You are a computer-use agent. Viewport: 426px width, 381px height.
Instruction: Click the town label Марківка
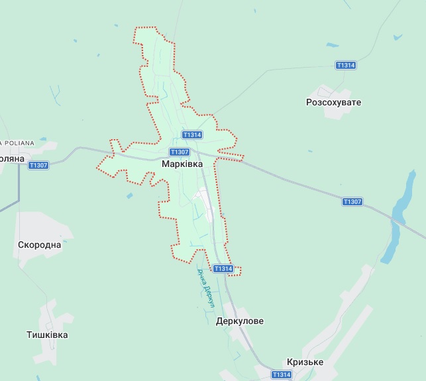(182, 162)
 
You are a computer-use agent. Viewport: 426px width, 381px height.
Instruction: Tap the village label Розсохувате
(333, 103)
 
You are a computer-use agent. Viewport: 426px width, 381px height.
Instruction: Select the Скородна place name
(40, 245)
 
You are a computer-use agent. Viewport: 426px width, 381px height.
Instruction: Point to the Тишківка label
(47, 335)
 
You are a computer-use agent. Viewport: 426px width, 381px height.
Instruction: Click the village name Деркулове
(240, 321)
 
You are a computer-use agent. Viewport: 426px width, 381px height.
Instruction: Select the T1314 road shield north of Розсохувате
(346, 65)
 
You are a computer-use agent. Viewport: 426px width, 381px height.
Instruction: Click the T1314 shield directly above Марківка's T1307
(191, 135)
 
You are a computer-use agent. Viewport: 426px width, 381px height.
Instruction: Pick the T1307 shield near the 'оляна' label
(38, 165)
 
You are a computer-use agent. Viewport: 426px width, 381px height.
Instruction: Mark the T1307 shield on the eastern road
(352, 201)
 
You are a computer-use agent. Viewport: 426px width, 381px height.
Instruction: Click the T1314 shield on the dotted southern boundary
(223, 268)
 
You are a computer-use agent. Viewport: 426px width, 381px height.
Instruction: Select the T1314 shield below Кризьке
(281, 374)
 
